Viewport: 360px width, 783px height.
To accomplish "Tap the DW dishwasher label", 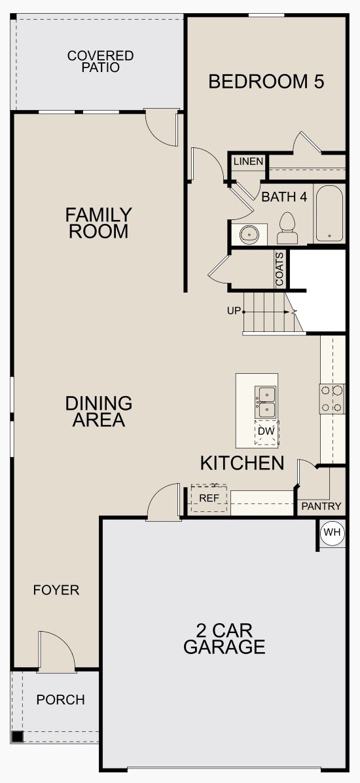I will pos(266,431).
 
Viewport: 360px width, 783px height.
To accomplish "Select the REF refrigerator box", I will pos(209,498).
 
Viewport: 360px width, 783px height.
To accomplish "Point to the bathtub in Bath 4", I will pos(329,214).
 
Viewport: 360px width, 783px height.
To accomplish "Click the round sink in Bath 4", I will pos(249,233).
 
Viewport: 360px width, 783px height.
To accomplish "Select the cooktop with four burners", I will pos(332,399).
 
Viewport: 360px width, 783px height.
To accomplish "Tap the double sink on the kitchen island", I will pos(266,401).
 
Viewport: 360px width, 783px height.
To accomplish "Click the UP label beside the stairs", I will pos(234,311).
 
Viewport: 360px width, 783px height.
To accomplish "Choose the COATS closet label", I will pos(280,269).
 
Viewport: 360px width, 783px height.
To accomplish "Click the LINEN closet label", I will pos(248,162).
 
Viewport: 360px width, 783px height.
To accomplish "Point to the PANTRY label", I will pos(321,506).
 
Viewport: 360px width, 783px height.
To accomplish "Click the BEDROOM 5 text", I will pos(266,82).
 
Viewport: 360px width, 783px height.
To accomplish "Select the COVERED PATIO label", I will pos(100,61).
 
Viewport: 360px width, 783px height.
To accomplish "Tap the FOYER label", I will pos(56,591).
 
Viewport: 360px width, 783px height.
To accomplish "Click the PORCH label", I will pos(60,700).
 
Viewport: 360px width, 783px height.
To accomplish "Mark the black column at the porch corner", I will pos(17,737).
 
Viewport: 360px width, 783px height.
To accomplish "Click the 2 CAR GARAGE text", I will pos(224,639).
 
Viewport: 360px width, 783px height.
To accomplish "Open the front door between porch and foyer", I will pos(56,652).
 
